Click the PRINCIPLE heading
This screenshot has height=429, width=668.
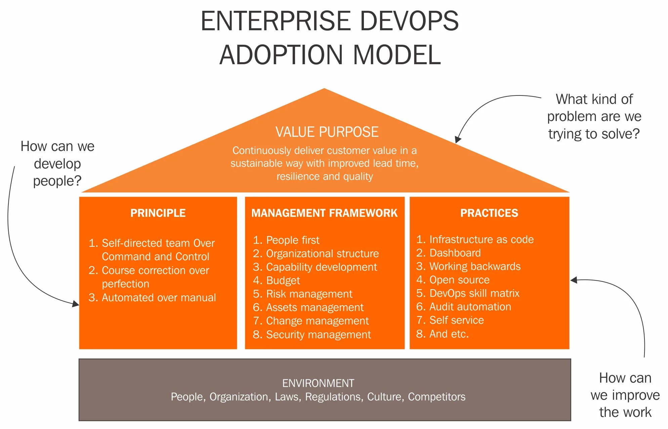[x=158, y=213]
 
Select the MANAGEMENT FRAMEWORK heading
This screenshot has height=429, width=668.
[x=324, y=213]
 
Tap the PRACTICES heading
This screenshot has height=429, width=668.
[x=489, y=213]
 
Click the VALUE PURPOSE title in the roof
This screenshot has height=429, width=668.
[x=327, y=132]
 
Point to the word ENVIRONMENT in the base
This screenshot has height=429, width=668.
[x=318, y=383]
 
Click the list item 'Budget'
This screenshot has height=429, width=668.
[x=283, y=280]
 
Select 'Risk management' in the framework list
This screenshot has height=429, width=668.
[x=309, y=294]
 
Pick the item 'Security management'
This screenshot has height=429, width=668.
[x=318, y=335]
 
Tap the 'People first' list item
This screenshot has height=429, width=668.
[x=292, y=240]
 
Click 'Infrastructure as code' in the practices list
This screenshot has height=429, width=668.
[x=481, y=239]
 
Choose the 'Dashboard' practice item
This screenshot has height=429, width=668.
[x=455, y=253]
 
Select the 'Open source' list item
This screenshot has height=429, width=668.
[x=459, y=280]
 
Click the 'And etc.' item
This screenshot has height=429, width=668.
[x=449, y=334]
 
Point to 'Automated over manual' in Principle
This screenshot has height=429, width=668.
[x=159, y=298]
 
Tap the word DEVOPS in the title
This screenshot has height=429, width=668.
[x=409, y=21]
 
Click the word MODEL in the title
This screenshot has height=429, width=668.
[x=396, y=55]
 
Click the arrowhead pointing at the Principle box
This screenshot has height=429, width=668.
[x=76, y=304]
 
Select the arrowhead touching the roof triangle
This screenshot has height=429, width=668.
[x=458, y=140]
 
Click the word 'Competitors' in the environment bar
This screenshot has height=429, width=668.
[x=436, y=397]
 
